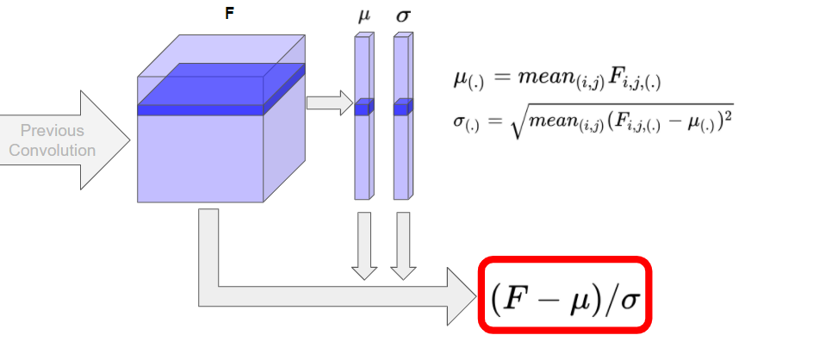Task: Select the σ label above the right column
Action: [x=403, y=16]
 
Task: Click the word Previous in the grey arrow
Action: [x=53, y=131]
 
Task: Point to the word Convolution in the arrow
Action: [x=53, y=150]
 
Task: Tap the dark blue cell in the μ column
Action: [x=363, y=107]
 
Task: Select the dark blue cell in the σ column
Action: [x=403, y=107]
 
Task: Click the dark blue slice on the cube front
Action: [x=200, y=109]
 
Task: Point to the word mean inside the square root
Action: [x=558, y=120]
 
